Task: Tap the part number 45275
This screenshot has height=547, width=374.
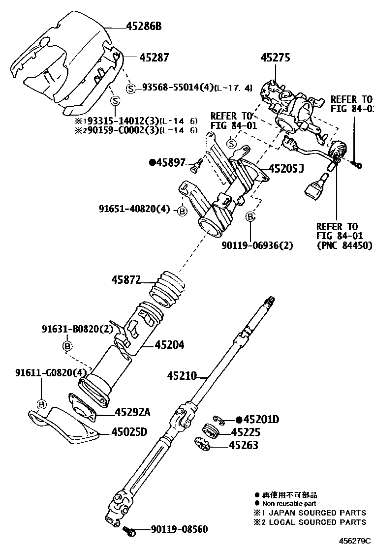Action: click(275, 58)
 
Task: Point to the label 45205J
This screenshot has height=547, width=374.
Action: click(286, 170)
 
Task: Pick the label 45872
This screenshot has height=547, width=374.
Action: click(126, 280)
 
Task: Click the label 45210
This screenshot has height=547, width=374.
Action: click(181, 376)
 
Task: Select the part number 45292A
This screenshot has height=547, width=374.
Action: click(132, 412)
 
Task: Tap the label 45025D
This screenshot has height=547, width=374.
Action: click(129, 432)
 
